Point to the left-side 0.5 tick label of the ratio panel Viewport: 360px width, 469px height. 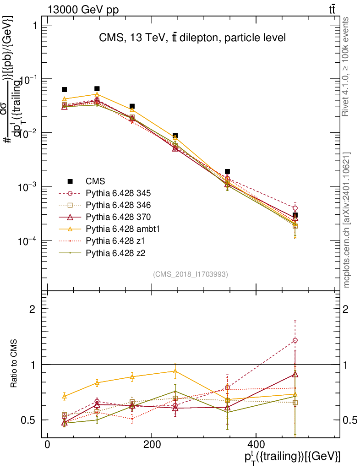click(x=29, y=420)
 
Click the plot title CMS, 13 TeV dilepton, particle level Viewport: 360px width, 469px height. click(x=192, y=38)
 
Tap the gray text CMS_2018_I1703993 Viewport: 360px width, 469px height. click(x=191, y=274)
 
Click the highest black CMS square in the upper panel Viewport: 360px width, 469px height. click(x=97, y=88)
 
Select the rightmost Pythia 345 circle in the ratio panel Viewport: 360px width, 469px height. click(x=295, y=340)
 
